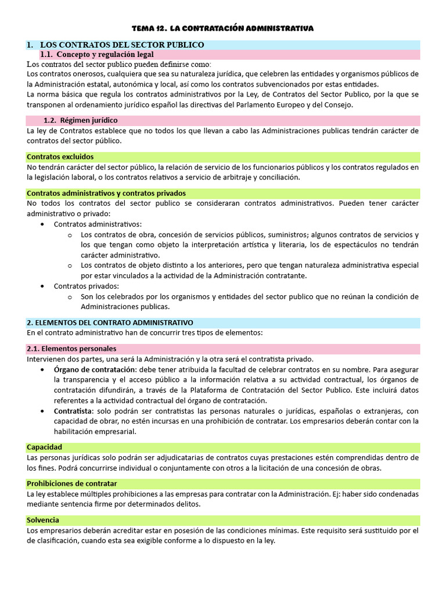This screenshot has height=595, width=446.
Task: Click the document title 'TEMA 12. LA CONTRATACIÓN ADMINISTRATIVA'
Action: [x=223, y=28]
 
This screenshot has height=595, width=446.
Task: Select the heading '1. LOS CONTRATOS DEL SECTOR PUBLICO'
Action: [x=116, y=45]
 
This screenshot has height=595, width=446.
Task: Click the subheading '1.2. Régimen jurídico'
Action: [x=81, y=120]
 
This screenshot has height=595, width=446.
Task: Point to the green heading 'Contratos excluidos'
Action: [x=60, y=156]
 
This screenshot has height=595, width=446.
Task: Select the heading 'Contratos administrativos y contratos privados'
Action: [x=106, y=193]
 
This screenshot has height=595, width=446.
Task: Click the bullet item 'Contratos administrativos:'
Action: [x=98, y=224]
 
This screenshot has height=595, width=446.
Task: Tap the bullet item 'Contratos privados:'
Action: [x=87, y=286]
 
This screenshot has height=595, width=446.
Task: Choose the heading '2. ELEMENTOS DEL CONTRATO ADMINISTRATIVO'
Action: [x=110, y=322]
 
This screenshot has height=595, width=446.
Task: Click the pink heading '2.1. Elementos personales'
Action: [x=71, y=349]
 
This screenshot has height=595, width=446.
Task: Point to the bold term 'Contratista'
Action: [x=74, y=411]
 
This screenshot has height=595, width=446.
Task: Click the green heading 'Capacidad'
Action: [x=44, y=447]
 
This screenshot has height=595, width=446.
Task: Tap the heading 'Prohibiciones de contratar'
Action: [x=72, y=483]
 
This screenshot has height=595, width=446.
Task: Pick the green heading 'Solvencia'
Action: [x=43, y=519]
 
